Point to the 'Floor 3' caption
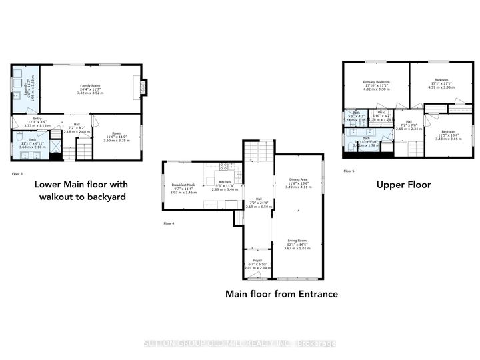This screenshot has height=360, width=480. [17, 173]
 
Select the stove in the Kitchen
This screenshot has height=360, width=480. [225, 166]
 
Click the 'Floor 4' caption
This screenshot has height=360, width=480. [169, 223]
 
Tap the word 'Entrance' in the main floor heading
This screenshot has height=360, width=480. [315, 293]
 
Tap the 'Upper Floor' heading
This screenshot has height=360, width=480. [403, 185]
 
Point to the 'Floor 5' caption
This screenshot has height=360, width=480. [349, 171]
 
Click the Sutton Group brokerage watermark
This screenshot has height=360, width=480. [240, 343]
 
